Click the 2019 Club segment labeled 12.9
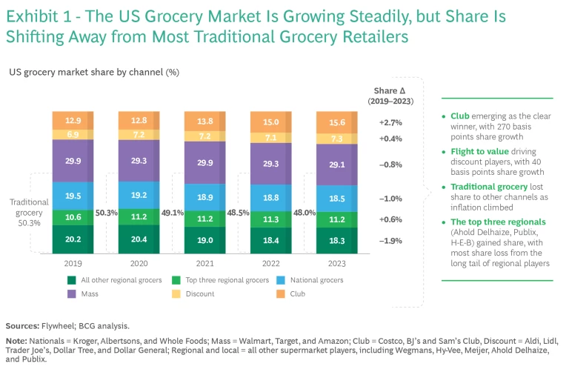coord(73,120)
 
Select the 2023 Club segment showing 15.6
coord(337,122)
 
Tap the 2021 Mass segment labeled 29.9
coord(204,163)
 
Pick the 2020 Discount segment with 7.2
coord(139,136)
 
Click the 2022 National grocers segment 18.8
coord(271,198)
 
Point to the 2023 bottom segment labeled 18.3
coord(337,241)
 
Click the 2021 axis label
coord(204,263)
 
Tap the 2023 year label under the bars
coord(337,263)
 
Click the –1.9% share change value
coord(390,241)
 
